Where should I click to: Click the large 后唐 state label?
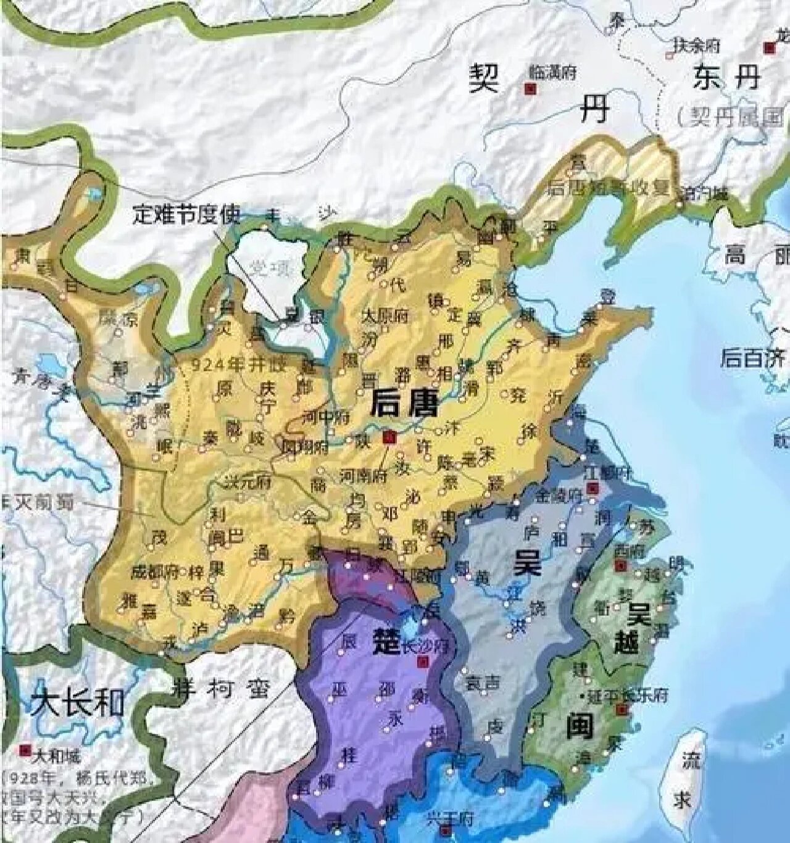[404, 405]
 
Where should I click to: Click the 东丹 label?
[727, 78]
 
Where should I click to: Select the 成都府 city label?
[155, 571]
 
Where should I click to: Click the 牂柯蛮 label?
[220, 687]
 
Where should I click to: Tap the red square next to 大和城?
[25, 750]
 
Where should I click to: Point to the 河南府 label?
[362, 476]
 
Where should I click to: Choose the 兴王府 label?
[449, 819]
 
